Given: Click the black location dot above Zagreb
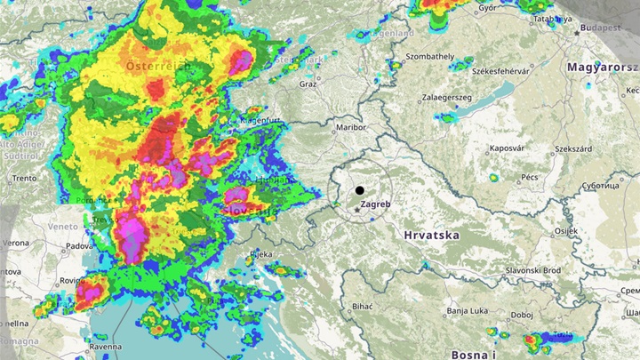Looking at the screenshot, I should (x=359, y=190).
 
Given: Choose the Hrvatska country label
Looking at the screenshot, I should (x=430, y=236).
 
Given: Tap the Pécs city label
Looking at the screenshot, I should (x=530, y=178).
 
